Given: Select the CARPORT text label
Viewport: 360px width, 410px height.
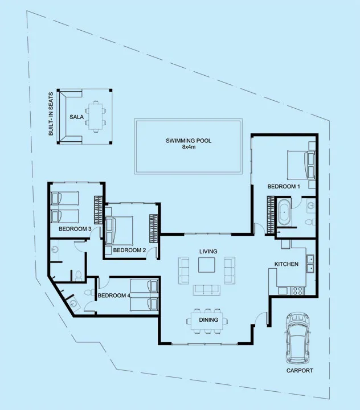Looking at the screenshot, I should click(x=300, y=371).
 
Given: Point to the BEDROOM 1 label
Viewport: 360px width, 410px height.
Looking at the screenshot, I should click(x=284, y=187).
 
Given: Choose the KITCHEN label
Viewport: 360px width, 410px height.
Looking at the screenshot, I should click(x=286, y=265).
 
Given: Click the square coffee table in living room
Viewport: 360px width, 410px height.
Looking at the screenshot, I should click(x=207, y=265).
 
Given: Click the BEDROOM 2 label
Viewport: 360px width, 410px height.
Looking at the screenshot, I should click(x=129, y=250).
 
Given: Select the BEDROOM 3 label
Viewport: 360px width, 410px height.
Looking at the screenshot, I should click(x=75, y=229).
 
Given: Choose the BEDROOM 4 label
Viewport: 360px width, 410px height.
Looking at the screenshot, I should click(x=114, y=296).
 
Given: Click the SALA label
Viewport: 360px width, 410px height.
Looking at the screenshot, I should click(x=77, y=116).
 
